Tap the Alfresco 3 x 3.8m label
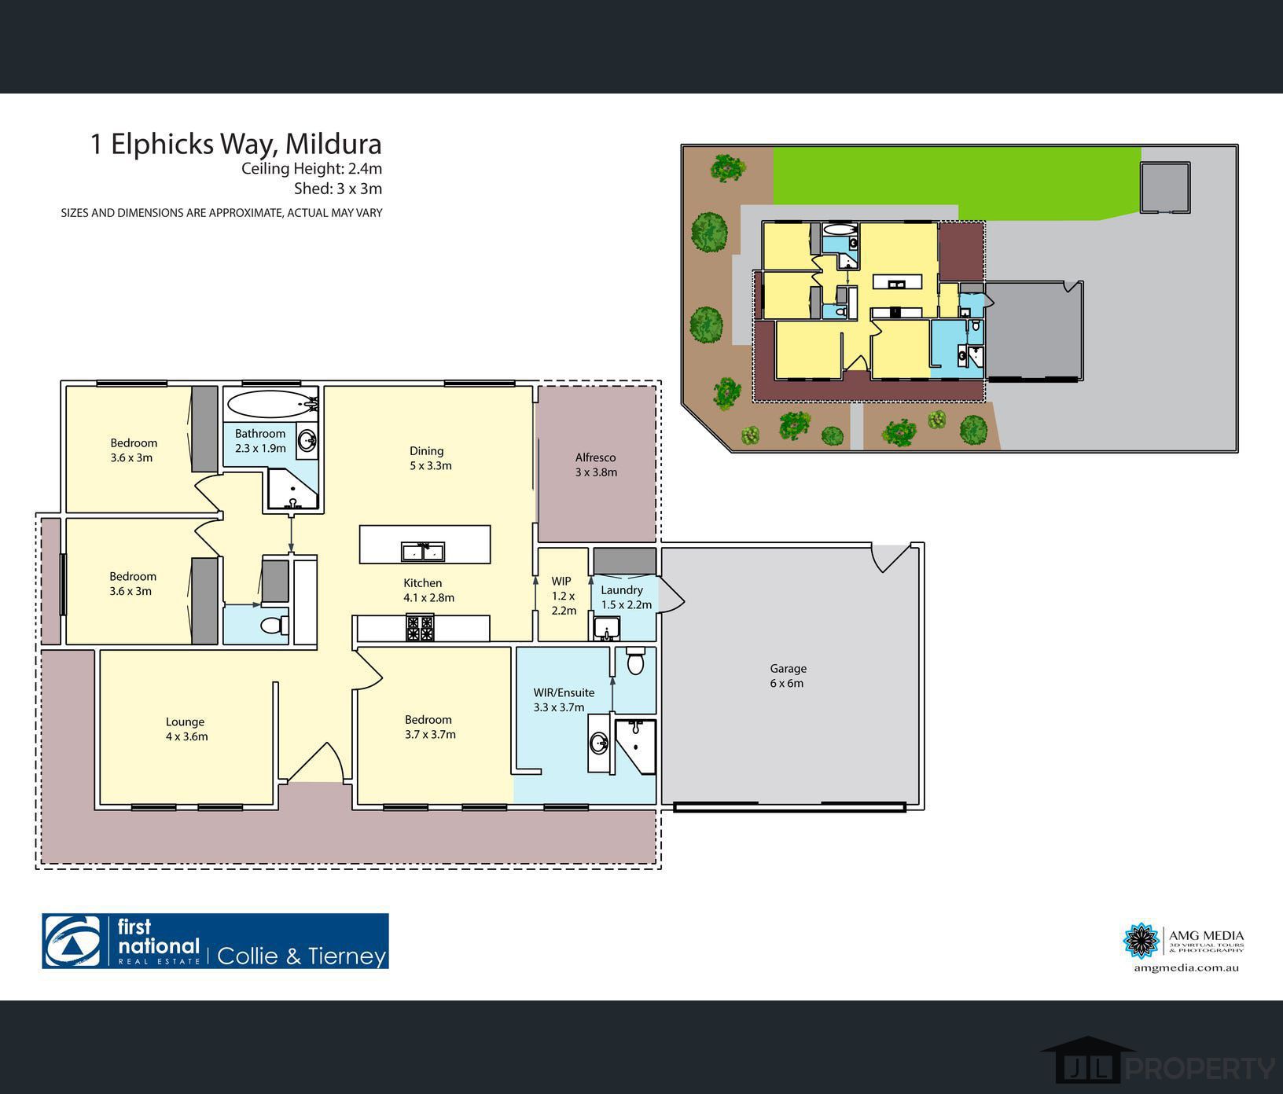click(596, 464)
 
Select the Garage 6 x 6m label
click(787, 675)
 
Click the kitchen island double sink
click(423, 552)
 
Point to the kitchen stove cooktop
click(419, 628)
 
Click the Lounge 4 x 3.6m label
click(186, 729)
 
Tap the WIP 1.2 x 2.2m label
click(563, 596)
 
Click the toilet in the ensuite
click(635, 662)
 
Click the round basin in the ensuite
click(599, 742)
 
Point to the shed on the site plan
click(1164, 187)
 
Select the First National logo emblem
click(72, 941)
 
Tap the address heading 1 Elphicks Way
click(236, 144)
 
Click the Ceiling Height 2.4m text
click(311, 168)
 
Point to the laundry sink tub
click(606, 628)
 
